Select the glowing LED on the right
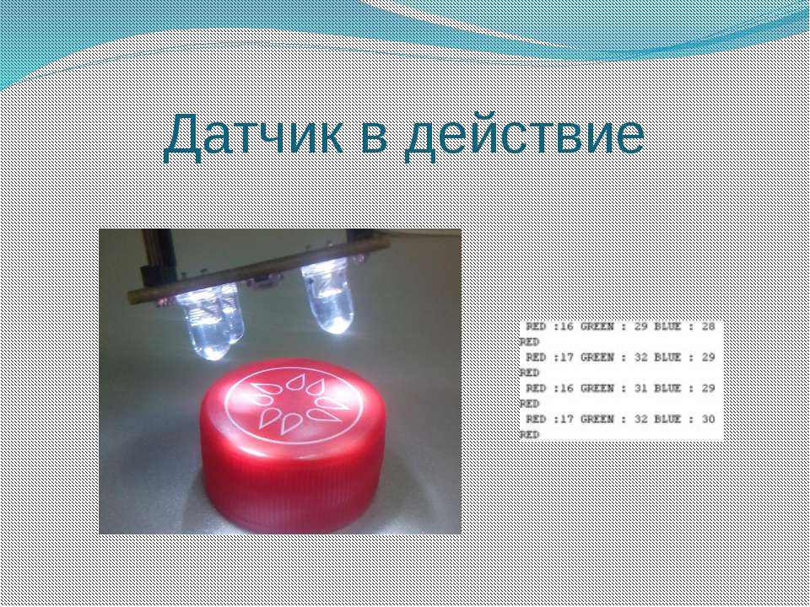(328, 296)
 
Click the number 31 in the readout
(640, 389)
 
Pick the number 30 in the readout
(708, 420)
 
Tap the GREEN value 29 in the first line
(640, 327)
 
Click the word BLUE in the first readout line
(667, 327)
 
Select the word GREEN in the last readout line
(597, 420)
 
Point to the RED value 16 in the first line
(567, 327)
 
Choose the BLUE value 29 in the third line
(708, 389)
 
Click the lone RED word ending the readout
(529, 435)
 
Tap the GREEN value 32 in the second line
(640, 357)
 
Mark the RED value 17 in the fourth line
(567, 420)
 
